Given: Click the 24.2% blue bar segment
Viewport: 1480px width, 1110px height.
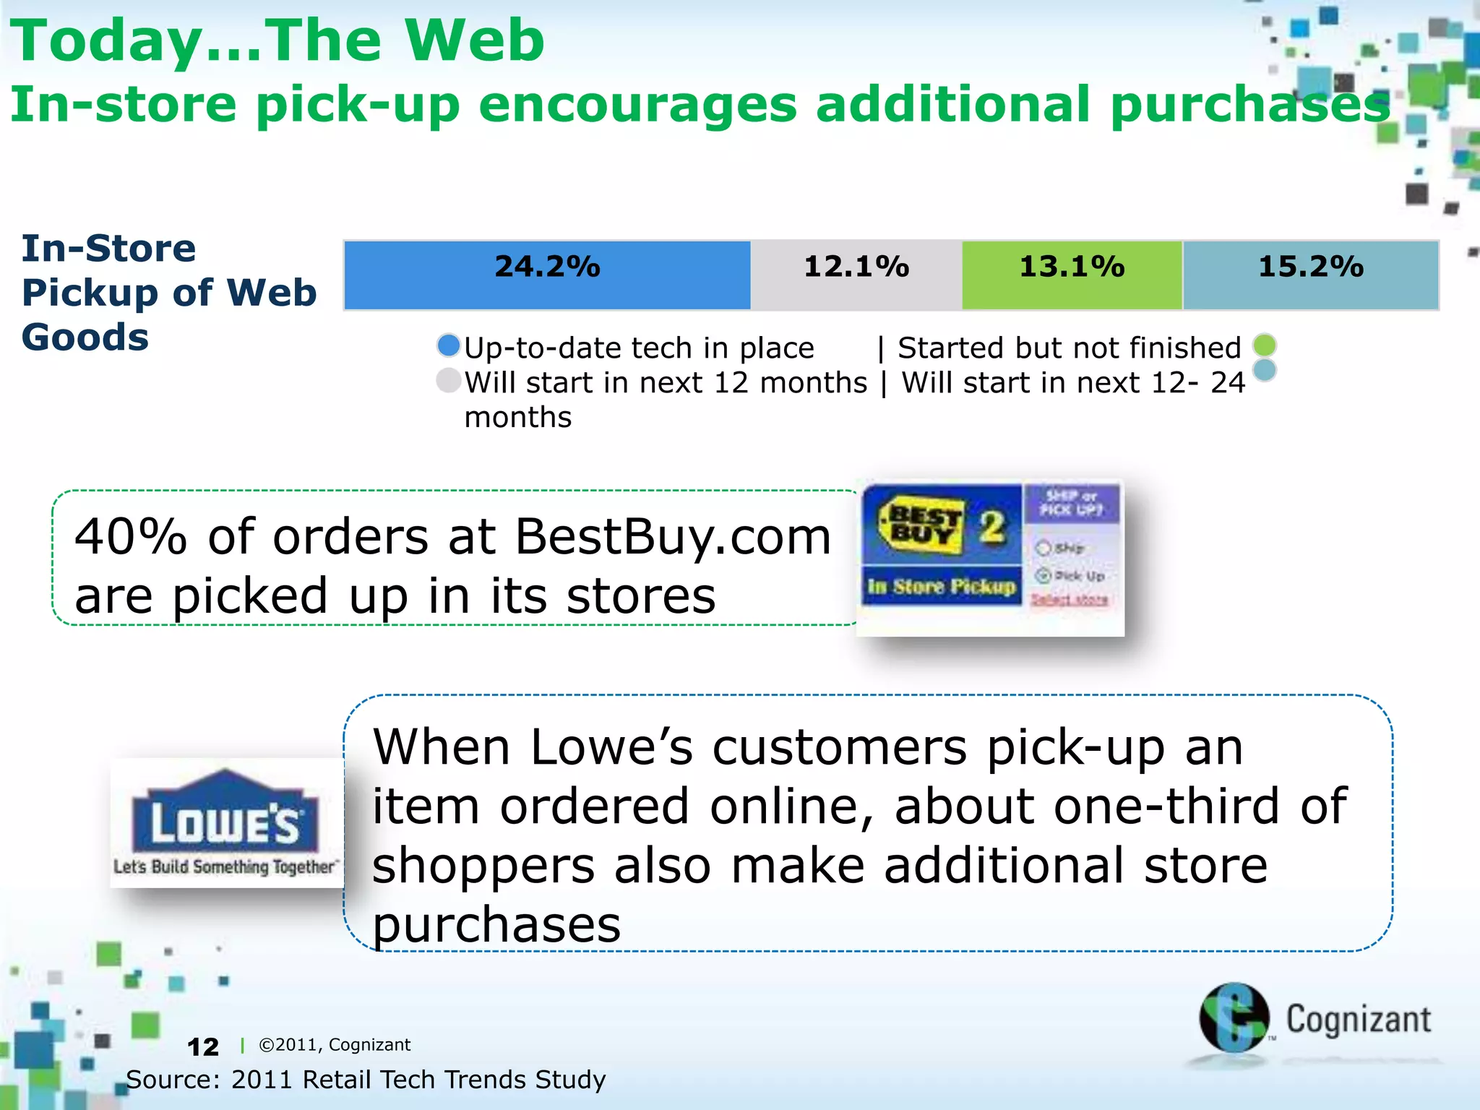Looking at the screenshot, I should (547, 275).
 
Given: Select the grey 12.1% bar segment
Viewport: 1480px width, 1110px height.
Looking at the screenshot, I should (856, 275).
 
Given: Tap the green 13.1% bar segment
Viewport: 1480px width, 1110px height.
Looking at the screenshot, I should (1072, 275).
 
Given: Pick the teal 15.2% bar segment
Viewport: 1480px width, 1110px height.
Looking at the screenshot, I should (1310, 275).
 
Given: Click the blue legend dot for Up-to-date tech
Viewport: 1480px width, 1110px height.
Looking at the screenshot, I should (449, 345).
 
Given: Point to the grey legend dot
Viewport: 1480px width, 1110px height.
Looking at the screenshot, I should (449, 380).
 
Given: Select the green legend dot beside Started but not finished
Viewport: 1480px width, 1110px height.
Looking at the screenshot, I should (1265, 345).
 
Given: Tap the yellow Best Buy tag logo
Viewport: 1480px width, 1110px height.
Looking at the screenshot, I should (921, 525).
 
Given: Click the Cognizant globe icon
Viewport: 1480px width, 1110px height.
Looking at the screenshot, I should (1234, 1017).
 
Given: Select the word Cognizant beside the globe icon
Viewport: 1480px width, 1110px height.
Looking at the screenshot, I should (1358, 1020).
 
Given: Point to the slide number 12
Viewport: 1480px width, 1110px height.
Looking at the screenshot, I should (202, 1046).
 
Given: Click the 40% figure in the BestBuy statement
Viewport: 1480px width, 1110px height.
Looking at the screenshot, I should (131, 537).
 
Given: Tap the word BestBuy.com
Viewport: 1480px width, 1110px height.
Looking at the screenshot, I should (672, 537).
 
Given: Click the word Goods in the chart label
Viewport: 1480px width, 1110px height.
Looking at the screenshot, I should (85, 337).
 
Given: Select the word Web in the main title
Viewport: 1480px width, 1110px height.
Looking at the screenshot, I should (474, 40).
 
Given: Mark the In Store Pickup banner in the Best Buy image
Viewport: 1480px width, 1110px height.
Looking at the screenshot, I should (941, 586).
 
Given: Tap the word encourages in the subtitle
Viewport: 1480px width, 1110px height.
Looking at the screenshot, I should (637, 105).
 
